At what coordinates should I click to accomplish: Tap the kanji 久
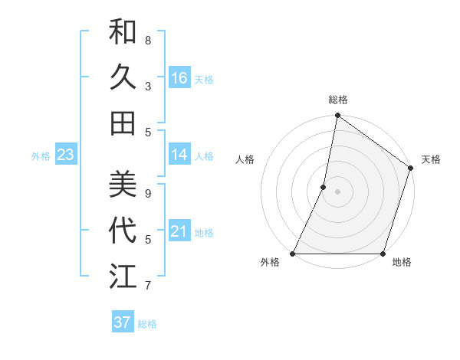[x=123, y=77]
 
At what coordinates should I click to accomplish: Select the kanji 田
[x=123, y=123]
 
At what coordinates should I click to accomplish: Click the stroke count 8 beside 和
[x=148, y=40]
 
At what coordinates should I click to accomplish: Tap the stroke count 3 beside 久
[x=148, y=86]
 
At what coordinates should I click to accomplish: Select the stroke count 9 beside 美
[x=148, y=193]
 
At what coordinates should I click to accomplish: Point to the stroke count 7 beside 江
[x=148, y=286]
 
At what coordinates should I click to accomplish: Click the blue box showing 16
[x=179, y=77]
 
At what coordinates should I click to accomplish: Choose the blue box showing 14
[x=179, y=155]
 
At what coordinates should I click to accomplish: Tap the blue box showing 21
[x=179, y=231]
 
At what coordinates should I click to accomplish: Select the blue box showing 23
[x=65, y=155]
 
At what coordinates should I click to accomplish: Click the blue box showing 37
[x=122, y=322]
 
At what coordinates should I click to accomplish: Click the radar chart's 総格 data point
[x=337, y=116]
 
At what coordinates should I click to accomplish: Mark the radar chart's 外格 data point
[x=293, y=254]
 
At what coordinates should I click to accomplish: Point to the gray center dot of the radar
[x=337, y=191]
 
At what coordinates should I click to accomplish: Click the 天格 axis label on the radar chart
[x=431, y=159]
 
